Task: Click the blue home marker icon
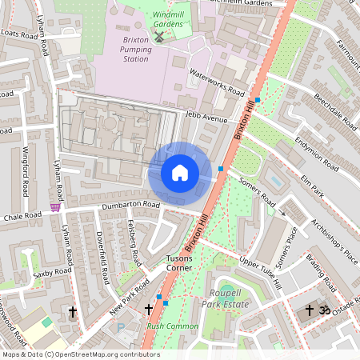click(180, 173)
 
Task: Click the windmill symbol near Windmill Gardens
click(158, 36)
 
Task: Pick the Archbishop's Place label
click(326, 235)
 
